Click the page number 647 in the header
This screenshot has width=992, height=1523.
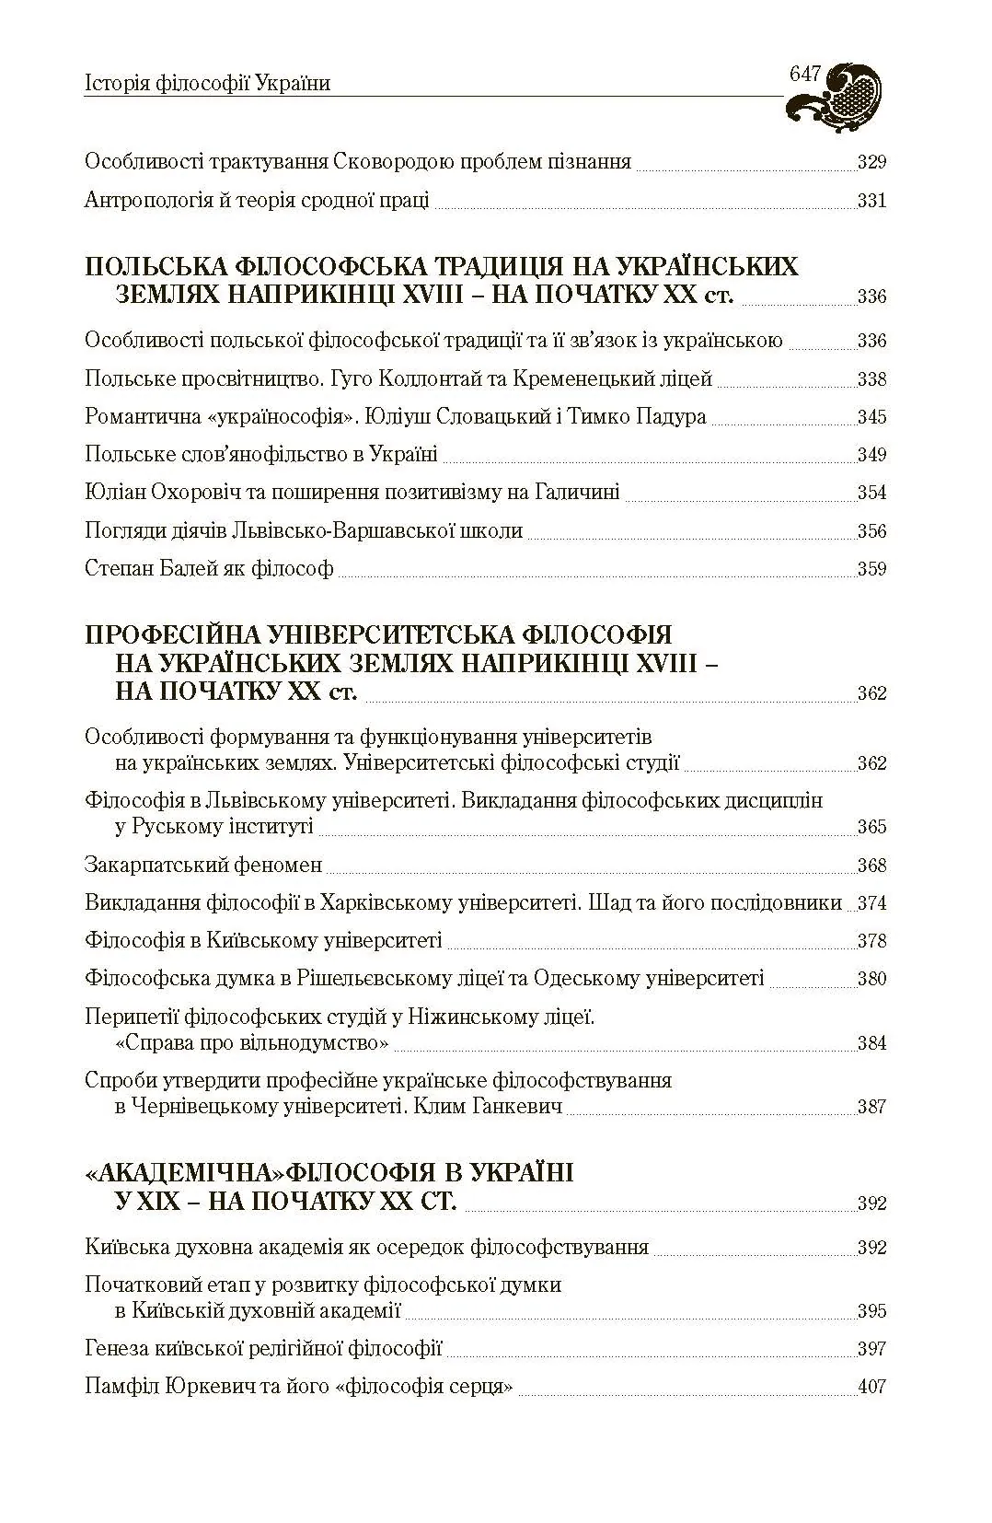click(805, 76)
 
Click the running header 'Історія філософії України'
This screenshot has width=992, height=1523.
click(207, 84)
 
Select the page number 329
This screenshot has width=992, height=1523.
click(871, 163)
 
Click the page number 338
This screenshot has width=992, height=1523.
click(871, 379)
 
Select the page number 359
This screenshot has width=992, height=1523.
click(871, 569)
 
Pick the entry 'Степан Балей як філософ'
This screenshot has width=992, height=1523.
click(209, 568)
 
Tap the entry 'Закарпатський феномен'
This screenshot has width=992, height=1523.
click(203, 865)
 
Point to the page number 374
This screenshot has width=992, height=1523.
click(871, 903)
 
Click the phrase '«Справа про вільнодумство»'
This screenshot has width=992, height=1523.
click(251, 1043)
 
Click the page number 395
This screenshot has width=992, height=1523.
click(871, 1311)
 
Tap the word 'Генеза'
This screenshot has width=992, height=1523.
click(117, 1349)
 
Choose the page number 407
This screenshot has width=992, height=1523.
click(871, 1387)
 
